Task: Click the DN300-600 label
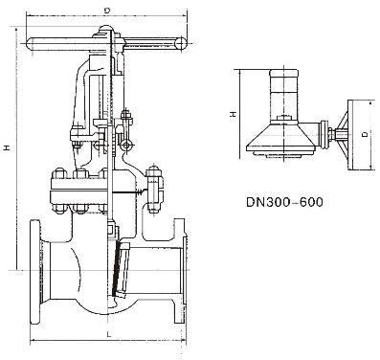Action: [x=284, y=202]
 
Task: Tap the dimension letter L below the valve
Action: [x=108, y=334]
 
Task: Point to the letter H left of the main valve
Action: [x=7, y=147]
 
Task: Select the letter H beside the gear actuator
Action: [x=234, y=114]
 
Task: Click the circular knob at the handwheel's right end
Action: [x=181, y=44]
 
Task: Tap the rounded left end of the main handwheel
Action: [x=31, y=44]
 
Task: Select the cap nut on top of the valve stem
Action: [x=105, y=31]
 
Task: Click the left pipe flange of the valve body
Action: [x=34, y=272]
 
